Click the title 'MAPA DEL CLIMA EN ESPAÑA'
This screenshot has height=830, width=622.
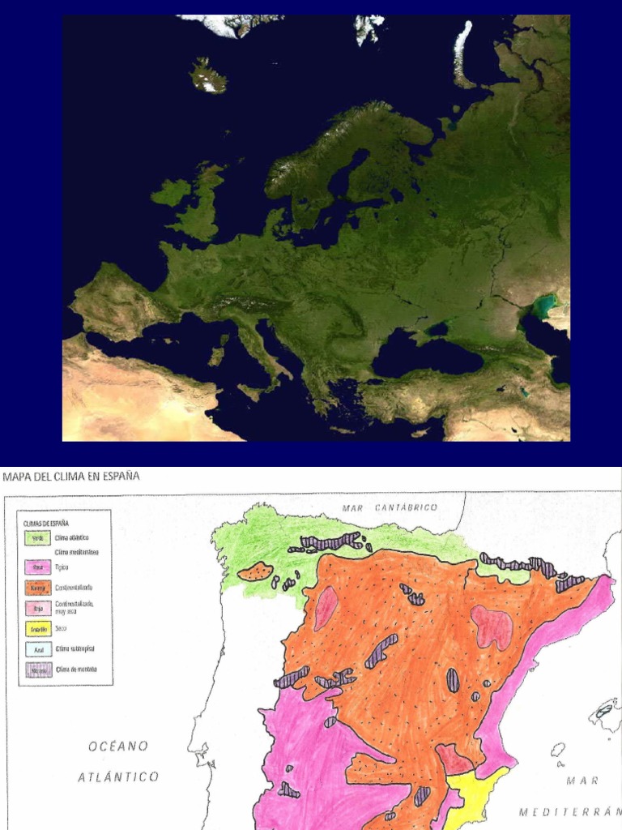coord(71,477)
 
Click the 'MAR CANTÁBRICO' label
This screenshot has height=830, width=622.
coord(390,507)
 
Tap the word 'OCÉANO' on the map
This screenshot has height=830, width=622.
coord(119,746)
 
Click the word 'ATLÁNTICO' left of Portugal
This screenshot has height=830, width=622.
coord(118,777)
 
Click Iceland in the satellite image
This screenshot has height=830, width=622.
coord(208,75)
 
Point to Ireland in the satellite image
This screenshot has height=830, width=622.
coord(170,193)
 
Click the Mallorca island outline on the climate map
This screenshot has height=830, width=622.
coord(605,713)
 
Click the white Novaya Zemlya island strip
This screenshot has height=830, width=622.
coord(463,53)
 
